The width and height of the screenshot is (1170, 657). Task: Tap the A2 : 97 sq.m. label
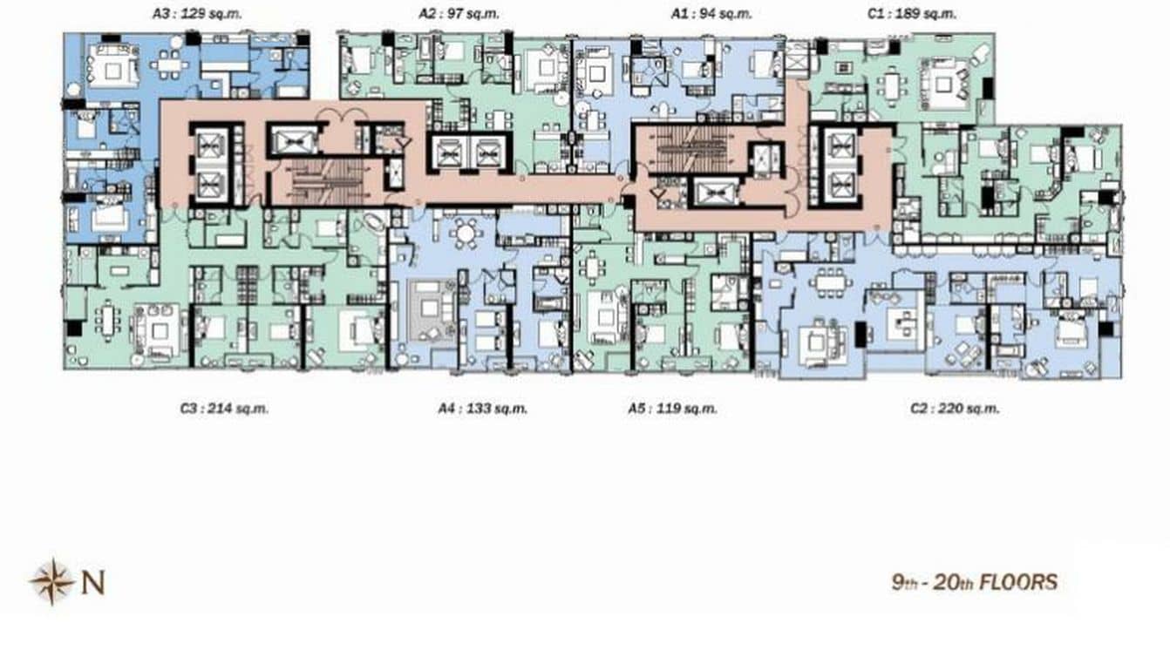tap(452, 14)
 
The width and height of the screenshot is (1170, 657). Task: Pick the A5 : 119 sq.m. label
tap(672, 409)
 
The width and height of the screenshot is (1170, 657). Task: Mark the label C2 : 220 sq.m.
tap(954, 409)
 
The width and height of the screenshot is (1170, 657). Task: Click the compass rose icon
tap(51, 581)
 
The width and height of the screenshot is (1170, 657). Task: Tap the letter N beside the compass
tap(93, 582)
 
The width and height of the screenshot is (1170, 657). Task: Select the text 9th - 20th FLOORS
tap(974, 582)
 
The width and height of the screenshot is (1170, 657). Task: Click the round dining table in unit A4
tap(467, 234)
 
